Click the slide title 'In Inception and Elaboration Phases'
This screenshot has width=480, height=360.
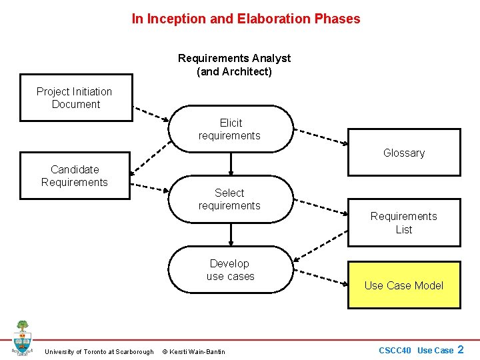click(x=246, y=19)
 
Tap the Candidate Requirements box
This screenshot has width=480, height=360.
click(x=75, y=176)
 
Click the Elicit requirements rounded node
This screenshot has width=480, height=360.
click(x=230, y=129)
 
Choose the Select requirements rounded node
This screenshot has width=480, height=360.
click(x=230, y=199)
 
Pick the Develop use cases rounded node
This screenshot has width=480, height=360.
click(x=230, y=270)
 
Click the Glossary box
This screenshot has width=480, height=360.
click(x=404, y=153)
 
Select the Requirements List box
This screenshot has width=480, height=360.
click(x=404, y=223)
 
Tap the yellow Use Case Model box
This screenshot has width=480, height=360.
click(x=404, y=285)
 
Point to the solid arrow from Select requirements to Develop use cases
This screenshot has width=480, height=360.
click(x=231, y=234)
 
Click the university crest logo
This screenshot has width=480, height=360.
click(x=22, y=337)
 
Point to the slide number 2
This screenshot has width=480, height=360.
click(x=460, y=349)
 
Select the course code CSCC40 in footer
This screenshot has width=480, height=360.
click(x=396, y=351)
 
